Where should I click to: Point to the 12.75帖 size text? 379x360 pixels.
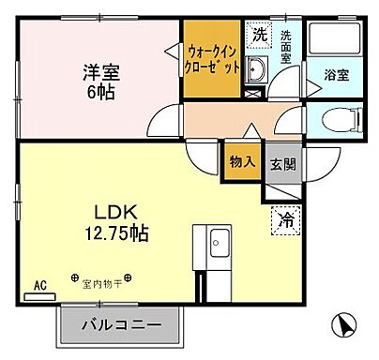click(x=114, y=232)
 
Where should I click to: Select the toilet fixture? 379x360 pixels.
click(x=340, y=120)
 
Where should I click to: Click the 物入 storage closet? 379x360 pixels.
click(x=242, y=161)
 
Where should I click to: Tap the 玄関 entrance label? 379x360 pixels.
click(x=280, y=162)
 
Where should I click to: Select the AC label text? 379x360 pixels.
click(x=39, y=282)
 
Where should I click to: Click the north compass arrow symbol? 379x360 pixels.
click(x=343, y=325)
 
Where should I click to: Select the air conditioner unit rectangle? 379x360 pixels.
click(x=39, y=294)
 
